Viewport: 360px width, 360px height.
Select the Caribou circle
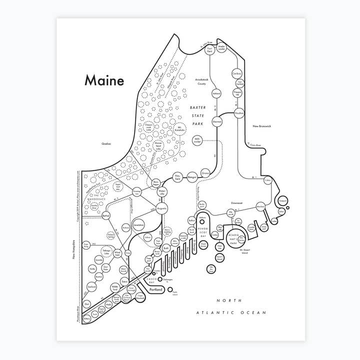237,73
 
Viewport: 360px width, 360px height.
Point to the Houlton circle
238,113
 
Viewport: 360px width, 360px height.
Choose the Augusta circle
161,206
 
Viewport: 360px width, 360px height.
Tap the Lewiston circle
139,225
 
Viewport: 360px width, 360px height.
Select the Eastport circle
283,201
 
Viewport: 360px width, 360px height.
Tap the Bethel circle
105,215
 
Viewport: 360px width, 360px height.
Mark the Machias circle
260,206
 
